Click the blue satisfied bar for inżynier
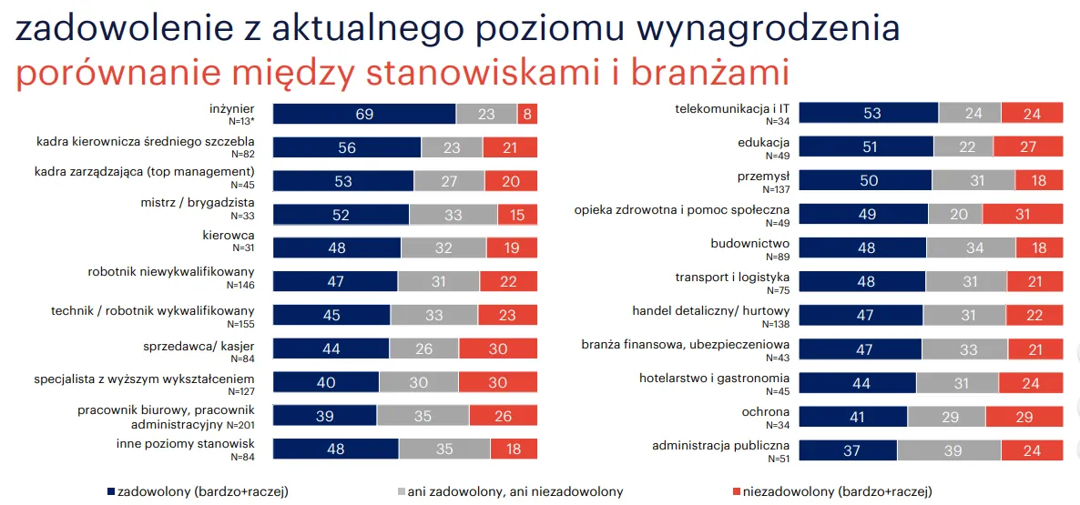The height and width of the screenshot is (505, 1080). coord(364,114)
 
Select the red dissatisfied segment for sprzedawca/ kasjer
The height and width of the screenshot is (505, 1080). coord(497,348)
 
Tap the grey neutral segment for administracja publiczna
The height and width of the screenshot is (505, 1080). coord(949,449)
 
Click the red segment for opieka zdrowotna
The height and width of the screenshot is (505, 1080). coord(1022,214)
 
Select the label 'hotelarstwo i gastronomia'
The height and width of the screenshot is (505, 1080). coord(714,378)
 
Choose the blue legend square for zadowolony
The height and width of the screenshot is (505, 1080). coord(111,492)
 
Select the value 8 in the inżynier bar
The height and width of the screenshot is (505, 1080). coord(527,114)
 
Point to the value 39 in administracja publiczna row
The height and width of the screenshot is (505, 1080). coord(949,449)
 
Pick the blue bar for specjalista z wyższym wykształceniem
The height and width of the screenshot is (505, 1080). coord(326,382)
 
